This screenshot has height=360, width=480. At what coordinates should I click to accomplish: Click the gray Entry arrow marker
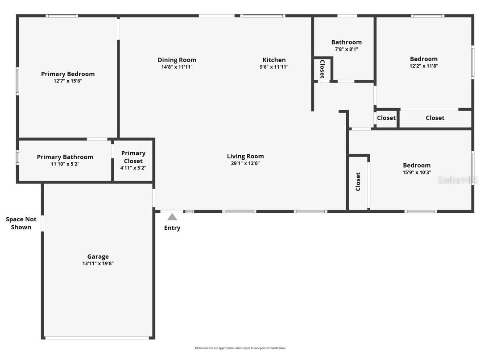tap(172, 217)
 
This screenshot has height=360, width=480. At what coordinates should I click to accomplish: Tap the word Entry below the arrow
tap(172, 228)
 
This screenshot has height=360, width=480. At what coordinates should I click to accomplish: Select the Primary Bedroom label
tap(68, 74)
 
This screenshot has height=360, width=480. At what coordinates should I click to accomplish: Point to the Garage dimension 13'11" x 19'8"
tap(98, 264)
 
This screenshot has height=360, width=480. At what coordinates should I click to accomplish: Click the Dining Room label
tap(177, 60)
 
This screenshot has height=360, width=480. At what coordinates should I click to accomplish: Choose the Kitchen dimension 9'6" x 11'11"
tap(274, 67)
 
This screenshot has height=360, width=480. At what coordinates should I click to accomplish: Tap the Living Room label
tap(245, 156)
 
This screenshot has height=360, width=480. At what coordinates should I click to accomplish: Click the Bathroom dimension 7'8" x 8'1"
tap(346, 50)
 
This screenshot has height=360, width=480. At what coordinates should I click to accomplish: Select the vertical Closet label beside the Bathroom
tap(322, 69)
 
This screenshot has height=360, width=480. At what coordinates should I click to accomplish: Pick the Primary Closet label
tap(133, 157)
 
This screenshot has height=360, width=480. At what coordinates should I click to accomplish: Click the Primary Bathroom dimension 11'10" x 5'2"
tap(65, 164)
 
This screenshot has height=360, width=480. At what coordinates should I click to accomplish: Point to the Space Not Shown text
tap(21, 223)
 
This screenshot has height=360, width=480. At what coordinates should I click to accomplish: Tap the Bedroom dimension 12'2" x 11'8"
tap(424, 66)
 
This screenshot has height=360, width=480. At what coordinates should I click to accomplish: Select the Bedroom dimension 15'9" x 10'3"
tap(417, 172)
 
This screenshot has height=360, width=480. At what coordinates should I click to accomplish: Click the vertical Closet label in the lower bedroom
tap(358, 182)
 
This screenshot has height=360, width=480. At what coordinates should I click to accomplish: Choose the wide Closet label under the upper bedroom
tap(435, 118)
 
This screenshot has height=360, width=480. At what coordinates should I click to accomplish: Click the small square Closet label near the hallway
tap(386, 118)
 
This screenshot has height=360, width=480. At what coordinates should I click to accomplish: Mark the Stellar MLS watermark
tap(458, 180)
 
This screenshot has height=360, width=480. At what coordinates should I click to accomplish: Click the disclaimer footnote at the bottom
tap(240, 348)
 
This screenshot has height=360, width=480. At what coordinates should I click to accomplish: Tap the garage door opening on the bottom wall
tap(98, 338)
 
